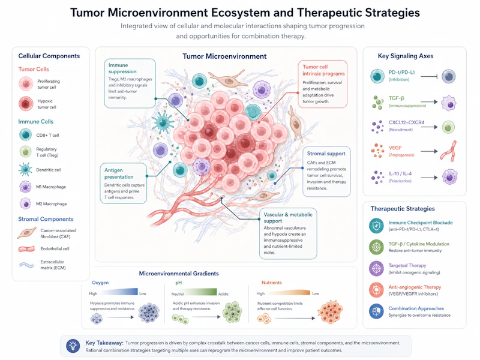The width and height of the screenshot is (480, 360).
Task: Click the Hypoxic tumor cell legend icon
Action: (x=26, y=104)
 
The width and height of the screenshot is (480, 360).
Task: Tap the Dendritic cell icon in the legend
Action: (x=25, y=169)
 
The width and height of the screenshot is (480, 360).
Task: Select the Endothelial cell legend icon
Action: (x=27, y=249)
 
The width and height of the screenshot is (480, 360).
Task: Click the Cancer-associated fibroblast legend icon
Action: (x=27, y=233)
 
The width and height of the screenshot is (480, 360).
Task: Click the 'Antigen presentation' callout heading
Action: (x=119, y=173)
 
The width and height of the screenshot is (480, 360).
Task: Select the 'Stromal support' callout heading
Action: (x=326, y=154)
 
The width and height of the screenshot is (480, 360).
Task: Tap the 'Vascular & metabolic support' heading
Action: (x=288, y=218)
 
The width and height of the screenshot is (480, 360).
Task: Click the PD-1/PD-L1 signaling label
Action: (x=401, y=73)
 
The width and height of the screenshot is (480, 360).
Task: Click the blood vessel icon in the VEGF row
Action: (x=448, y=151)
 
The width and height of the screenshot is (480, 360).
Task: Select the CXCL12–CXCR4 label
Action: (x=407, y=122)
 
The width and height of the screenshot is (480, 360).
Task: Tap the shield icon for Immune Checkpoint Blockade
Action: (x=376, y=226)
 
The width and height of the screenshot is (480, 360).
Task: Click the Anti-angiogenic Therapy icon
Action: (x=376, y=290)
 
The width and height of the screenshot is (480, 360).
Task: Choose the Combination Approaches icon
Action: (x=376, y=311)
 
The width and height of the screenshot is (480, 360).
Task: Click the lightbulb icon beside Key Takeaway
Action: (x=73, y=346)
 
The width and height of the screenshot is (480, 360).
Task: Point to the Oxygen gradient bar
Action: (x=118, y=292)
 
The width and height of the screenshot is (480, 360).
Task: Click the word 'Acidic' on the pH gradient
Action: (x=223, y=294)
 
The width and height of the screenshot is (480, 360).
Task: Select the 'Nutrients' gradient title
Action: (x=272, y=283)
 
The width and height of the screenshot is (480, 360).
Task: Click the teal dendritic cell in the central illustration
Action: (x=163, y=122)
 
